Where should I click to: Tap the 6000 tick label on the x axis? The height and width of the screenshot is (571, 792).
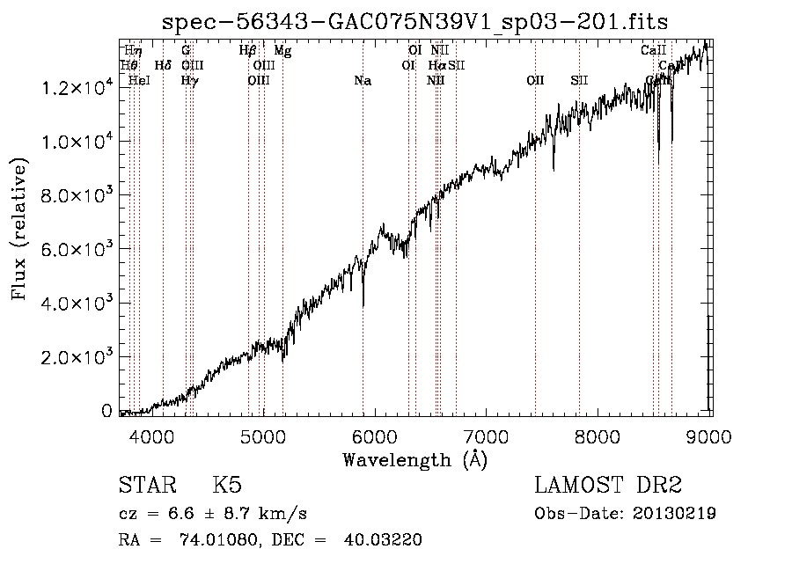(375, 435)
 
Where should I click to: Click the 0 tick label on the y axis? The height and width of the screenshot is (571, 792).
(106, 411)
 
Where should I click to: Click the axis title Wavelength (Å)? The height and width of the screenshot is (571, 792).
(414, 459)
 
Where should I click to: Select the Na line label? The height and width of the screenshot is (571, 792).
(362, 81)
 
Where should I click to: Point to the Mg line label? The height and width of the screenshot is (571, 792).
(282, 51)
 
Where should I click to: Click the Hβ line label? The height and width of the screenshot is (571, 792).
(247, 51)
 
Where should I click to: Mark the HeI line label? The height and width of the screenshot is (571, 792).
(139, 81)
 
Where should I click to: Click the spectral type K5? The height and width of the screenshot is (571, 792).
(227, 486)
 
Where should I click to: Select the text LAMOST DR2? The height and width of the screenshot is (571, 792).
(608, 486)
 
